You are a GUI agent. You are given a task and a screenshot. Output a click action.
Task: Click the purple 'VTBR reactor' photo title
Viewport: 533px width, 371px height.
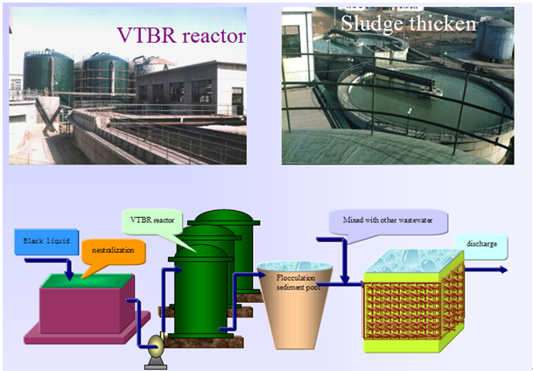181,35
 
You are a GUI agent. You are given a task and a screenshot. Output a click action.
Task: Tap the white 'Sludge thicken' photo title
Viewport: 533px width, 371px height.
409,24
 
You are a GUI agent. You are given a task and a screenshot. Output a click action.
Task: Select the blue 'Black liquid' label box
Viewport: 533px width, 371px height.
46,241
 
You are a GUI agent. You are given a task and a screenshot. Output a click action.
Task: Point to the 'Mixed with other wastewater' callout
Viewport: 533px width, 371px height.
388,221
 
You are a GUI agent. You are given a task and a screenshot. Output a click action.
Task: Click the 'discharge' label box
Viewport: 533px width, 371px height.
481,245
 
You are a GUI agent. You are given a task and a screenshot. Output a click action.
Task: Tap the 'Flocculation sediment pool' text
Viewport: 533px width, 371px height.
297,283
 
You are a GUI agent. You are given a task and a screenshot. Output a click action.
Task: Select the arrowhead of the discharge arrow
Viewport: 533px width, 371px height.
502,270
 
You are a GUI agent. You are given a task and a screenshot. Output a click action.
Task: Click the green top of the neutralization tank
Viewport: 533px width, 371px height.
87,281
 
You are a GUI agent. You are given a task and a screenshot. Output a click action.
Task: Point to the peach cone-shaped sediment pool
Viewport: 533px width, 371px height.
294,304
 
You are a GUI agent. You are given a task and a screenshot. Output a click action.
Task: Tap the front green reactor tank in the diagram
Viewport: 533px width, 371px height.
200,292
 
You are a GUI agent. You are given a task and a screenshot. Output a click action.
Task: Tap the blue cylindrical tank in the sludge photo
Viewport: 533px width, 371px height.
494,39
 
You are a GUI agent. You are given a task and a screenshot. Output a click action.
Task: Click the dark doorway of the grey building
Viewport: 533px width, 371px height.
237,101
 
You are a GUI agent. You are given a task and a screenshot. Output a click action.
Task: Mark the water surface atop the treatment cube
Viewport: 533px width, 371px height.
414,261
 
